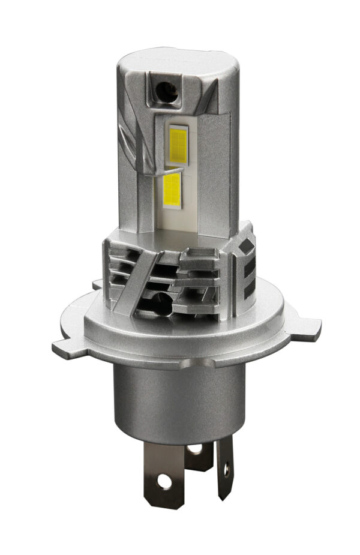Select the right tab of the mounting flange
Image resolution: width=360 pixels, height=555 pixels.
pyautogui.click(x=306, y=327)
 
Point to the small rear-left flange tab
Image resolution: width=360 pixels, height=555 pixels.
pyautogui.click(x=97, y=283)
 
